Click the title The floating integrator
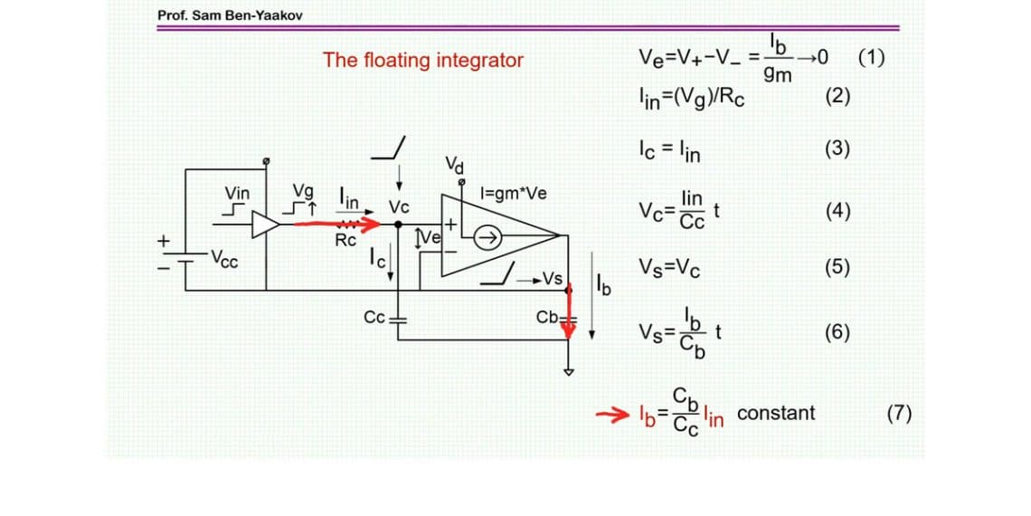pyautogui.click(x=423, y=61)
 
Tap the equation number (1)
pyautogui.click(x=872, y=60)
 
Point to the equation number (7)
pyautogui.click(x=899, y=414)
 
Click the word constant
pyautogui.click(x=776, y=414)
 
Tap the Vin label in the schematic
pyautogui.click(x=237, y=193)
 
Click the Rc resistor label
pyautogui.click(x=345, y=241)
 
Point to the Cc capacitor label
pyautogui.click(x=374, y=318)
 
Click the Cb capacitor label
pyautogui.click(x=547, y=318)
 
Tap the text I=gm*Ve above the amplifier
pyautogui.click(x=513, y=193)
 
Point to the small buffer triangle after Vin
pyautogui.click(x=266, y=225)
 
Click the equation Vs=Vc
pyautogui.click(x=669, y=268)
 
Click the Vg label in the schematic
pyautogui.click(x=305, y=193)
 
